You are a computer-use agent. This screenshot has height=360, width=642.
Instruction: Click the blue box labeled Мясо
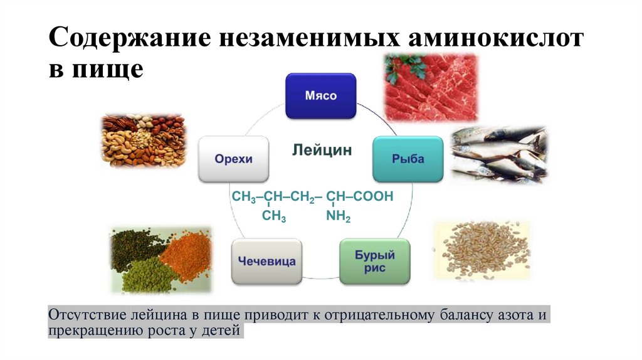click(x=321, y=96)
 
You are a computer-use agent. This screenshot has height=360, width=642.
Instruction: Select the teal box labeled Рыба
click(x=408, y=159)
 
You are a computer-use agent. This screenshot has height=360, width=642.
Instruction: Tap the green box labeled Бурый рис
click(x=376, y=261)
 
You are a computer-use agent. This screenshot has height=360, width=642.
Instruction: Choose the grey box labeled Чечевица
click(x=267, y=261)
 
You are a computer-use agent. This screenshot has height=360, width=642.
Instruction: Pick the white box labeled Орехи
click(x=234, y=159)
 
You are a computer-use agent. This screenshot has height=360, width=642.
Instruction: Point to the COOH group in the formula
click(x=373, y=197)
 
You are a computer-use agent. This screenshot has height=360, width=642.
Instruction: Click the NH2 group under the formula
click(x=337, y=218)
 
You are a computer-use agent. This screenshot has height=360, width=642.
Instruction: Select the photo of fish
click(x=500, y=154)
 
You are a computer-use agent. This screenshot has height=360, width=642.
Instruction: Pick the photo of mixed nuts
click(x=143, y=142)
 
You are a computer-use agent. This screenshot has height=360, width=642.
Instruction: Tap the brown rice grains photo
click(x=481, y=250)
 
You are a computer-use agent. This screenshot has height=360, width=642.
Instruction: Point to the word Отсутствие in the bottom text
click(x=86, y=314)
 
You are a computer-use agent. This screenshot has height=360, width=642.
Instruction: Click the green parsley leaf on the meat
click(x=397, y=68)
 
